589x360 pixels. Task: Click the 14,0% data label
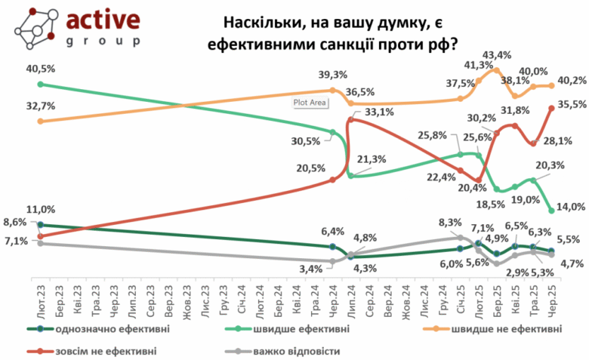567,206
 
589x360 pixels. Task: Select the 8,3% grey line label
451,222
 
